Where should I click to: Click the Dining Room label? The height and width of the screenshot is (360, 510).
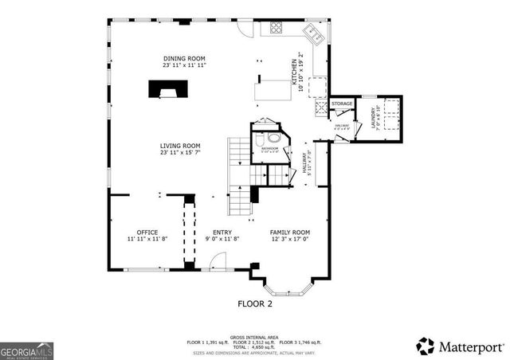[x=184, y=59]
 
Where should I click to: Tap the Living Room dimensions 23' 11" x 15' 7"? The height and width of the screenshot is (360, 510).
[x=179, y=153]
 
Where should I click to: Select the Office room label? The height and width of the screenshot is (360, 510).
[x=147, y=232]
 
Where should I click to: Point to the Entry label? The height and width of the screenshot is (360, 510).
[x=222, y=232]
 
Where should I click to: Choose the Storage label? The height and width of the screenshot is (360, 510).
[x=343, y=104]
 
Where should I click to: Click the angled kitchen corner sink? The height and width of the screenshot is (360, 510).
[x=312, y=34]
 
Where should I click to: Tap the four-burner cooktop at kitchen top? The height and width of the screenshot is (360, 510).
[x=276, y=28]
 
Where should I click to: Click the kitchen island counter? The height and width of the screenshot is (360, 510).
[x=271, y=90]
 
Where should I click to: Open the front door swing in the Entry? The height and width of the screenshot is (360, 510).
[x=218, y=260]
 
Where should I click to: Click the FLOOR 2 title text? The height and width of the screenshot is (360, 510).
[x=255, y=303]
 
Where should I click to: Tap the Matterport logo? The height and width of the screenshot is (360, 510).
[x=460, y=346]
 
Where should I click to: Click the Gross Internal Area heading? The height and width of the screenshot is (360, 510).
[x=254, y=336]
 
